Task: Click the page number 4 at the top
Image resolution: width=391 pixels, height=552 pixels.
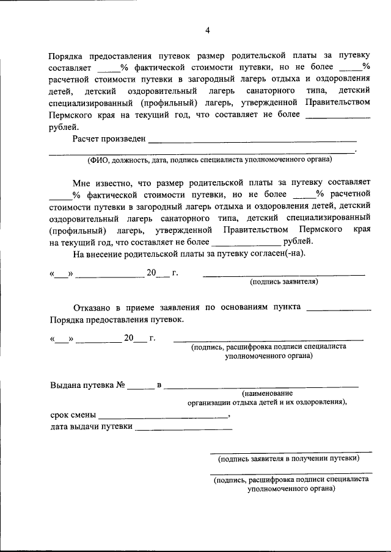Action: tap(208, 30)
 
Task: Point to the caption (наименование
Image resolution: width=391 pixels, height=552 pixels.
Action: tap(267, 393)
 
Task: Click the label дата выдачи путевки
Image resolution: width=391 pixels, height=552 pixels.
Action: tap(91, 426)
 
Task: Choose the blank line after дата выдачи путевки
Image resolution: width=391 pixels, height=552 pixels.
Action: tap(183, 429)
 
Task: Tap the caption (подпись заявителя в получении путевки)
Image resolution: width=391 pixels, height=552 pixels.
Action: tap(288, 458)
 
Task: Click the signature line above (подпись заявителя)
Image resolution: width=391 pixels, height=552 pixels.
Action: tap(283, 275)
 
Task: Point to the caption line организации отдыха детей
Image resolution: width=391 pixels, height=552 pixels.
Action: tap(268, 403)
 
